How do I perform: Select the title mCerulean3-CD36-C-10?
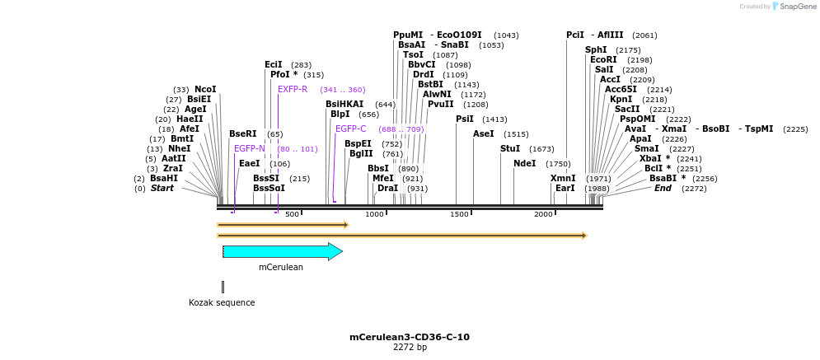(x=409, y=337)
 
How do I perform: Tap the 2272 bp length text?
(x=409, y=348)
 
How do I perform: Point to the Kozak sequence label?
(x=222, y=302)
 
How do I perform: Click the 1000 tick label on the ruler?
(x=375, y=214)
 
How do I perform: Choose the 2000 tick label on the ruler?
(x=543, y=214)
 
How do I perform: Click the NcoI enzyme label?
(x=205, y=89)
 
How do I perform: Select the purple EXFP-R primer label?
(x=293, y=89)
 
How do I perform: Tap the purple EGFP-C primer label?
(x=350, y=129)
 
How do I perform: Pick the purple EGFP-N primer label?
(x=250, y=148)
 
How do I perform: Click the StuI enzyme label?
(x=510, y=148)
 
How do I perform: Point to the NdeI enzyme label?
(x=524, y=163)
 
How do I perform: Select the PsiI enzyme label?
(x=465, y=119)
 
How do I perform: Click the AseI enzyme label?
(x=484, y=133)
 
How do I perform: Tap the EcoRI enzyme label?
(x=603, y=59)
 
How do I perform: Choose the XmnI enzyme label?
(x=563, y=178)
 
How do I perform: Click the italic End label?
(x=663, y=188)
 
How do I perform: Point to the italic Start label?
(x=162, y=188)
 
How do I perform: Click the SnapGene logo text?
(x=798, y=7)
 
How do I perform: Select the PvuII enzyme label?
(x=440, y=104)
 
